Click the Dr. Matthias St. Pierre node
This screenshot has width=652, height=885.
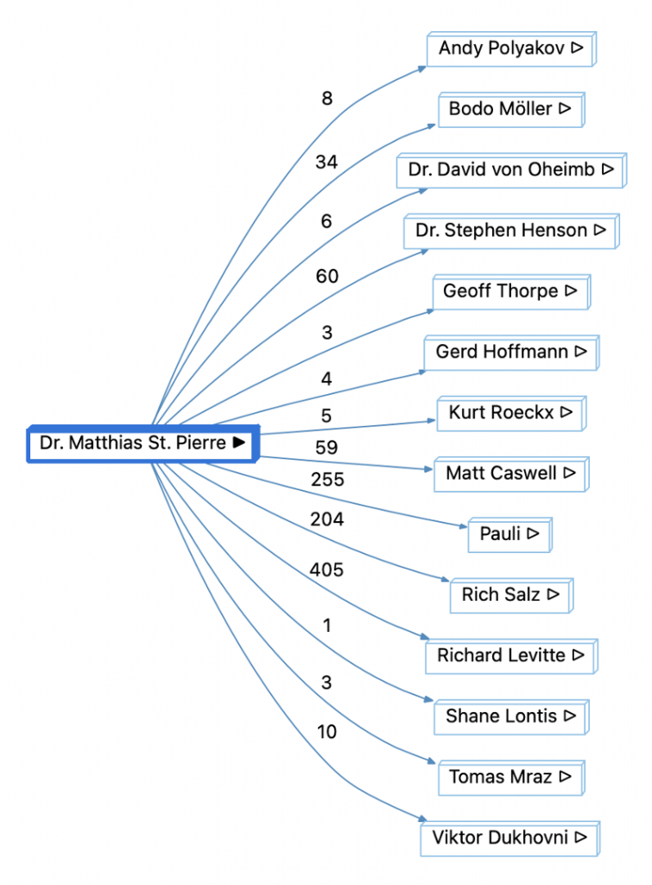(142, 443)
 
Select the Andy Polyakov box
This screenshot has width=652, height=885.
(511, 48)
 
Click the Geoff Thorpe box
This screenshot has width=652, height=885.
(510, 291)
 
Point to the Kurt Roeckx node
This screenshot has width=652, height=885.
(510, 412)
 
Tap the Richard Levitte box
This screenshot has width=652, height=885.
(510, 655)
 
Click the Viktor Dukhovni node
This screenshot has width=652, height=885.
(510, 837)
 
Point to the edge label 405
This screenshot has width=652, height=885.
(326, 570)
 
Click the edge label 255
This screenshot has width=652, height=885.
(326, 479)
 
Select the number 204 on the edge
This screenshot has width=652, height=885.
(326, 519)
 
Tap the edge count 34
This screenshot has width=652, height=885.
(326, 162)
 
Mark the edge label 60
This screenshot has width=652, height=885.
(326, 277)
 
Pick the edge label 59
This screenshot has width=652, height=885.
(326, 448)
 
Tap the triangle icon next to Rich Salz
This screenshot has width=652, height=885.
(554, 595)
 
